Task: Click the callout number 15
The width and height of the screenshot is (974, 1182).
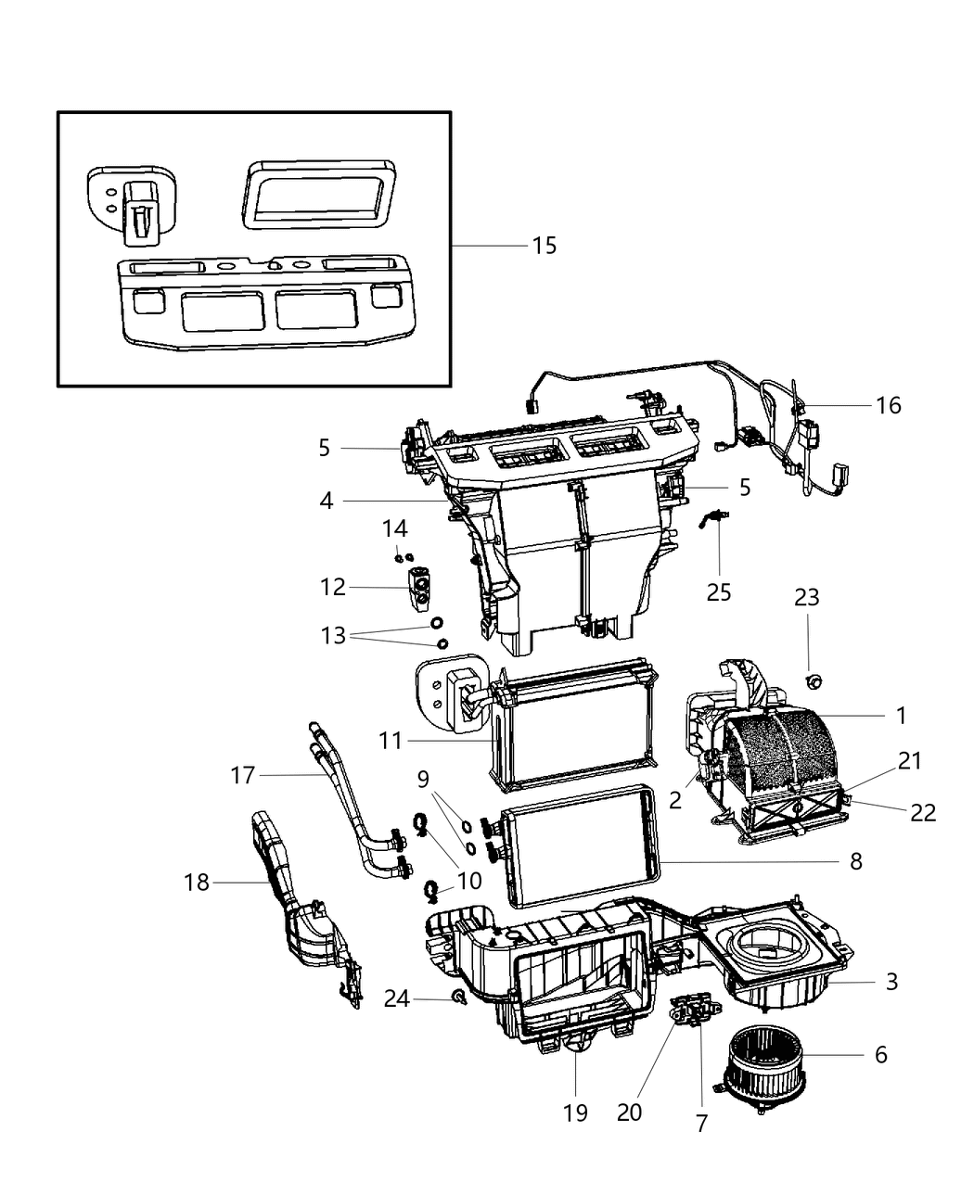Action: [545, 246]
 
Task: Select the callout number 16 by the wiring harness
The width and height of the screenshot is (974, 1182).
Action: [888, 405]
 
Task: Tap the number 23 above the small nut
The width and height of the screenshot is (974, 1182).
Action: [806, 598]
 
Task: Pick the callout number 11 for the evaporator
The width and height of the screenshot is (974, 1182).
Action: [391, 741]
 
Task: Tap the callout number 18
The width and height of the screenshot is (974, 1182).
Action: [197, 883]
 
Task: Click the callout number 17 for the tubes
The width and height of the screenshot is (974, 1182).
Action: [242, 774]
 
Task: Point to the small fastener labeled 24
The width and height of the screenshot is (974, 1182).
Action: [458, 998]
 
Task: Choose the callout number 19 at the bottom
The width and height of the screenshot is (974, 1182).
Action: [575, 1112]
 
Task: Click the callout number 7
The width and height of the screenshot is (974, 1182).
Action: [701, 1123]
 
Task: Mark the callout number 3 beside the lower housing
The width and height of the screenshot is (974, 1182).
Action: [891, 981]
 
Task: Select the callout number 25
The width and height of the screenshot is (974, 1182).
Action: [719, 591]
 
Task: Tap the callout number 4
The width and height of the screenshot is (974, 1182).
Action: [326, 502]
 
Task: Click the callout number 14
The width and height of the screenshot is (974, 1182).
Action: [394, 528]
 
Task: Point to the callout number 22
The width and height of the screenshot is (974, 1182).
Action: [923, 812]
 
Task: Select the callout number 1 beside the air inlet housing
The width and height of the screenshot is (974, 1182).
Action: [900, 716]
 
